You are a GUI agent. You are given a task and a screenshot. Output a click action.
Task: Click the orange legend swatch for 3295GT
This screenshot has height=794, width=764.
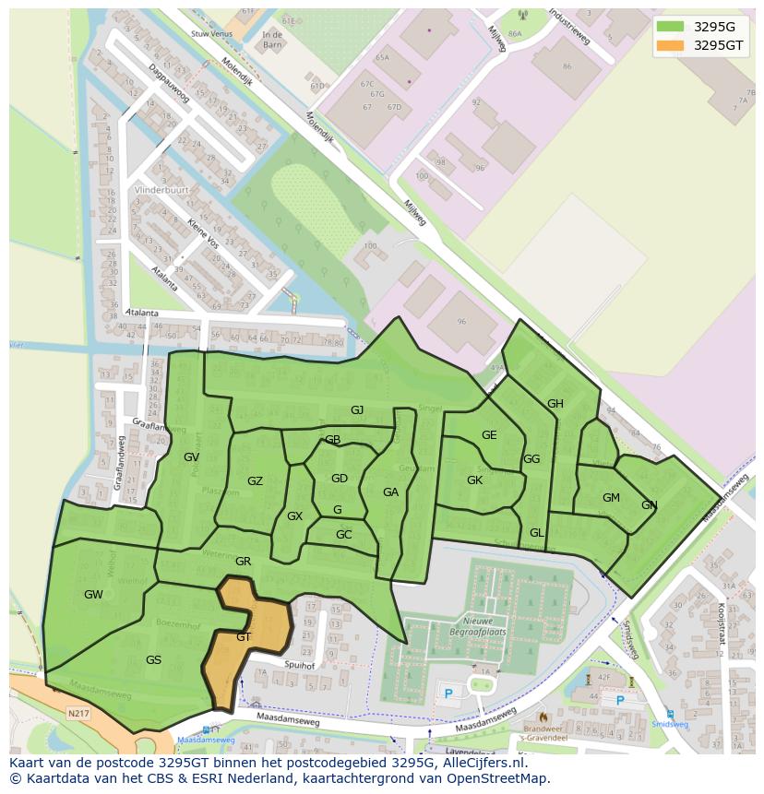pyautogui.click(x=671, y=45)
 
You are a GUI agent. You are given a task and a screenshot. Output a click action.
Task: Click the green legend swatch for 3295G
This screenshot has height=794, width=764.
pyautogui.click(x=671, y=27)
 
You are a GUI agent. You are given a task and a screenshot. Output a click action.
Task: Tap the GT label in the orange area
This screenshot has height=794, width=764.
pyautogui.click(x=244, y=637)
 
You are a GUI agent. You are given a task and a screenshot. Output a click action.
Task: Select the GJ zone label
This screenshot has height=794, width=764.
pyautogui.click(x=357, y=410)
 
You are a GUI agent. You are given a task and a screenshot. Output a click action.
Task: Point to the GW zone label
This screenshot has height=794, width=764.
pyautogui.click(x=93, y=595)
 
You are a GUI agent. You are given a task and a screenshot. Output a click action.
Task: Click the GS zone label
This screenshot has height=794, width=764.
pyautogui.click(x=153, y=660)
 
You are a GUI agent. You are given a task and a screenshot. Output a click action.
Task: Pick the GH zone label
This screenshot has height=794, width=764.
pyautogui.click(x=555, y=404)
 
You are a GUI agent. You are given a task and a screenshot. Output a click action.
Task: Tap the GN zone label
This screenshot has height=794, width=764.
pyautogui.click(x=649, y=505)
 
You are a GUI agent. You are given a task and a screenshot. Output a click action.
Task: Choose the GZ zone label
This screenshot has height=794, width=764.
pyautogui.click(x=255, y=481)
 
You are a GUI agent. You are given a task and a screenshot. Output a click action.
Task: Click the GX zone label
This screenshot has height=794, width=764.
pyautogui.click(x=294, y=516)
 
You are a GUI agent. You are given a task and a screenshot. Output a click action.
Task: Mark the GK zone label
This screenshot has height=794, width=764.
pyautogui.click(x=474, y=480)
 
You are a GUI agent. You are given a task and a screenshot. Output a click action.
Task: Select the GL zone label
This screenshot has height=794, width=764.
pyautogui.click(x=537, y=533)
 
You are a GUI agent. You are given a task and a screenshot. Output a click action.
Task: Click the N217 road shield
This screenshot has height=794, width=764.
pyautogui.click(x=79, y=713)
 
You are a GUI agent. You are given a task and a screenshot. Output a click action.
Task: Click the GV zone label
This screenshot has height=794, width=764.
pyautogui.click(x=191, y=457)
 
